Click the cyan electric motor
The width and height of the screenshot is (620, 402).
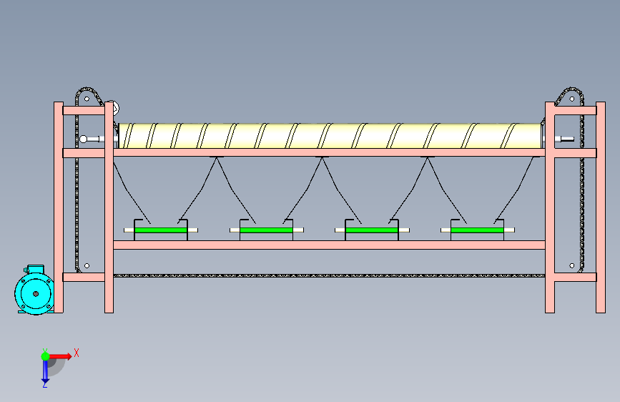[x=35, y=291]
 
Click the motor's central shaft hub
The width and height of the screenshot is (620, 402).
[x=36, y=293]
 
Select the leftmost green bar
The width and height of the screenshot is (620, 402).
[x=160, y=230]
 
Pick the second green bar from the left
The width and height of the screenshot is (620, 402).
[x=266, y=230]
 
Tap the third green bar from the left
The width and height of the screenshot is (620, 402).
[x=372, y=230]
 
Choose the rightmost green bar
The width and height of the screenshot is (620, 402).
[x=477, y=230]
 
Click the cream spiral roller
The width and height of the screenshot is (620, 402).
[x=330, y=136]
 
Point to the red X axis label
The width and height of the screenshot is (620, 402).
[x=77, y=353]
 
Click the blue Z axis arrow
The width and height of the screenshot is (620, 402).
[x=45, y=371]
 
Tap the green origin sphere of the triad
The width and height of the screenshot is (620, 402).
[x=45, y=356]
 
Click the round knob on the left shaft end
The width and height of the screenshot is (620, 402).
[x=84, y=139]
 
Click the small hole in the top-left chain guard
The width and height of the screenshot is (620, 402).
[x=87, y=99]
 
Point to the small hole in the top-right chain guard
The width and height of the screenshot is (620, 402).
[x=572, y=99]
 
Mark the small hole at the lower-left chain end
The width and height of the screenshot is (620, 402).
[x=87, y=265]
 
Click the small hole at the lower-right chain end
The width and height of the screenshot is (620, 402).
[x=572, y=265]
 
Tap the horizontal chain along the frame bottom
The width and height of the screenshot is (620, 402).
[x=329, y=275]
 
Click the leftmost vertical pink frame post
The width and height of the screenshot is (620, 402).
[x=59, y=207]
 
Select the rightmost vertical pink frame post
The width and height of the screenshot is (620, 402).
[x=601, y=207]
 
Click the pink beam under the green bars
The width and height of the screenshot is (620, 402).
[x=329, y=245]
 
